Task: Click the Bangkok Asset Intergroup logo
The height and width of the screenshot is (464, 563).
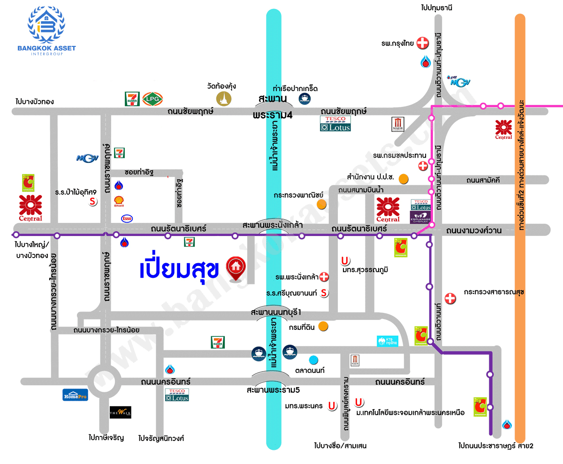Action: tap(46, 30)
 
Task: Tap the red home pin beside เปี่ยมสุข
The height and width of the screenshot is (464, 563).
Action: tap(235, 267)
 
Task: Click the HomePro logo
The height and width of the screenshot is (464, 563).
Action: tap(75, 395)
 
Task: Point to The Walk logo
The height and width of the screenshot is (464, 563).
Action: tap(120, 412)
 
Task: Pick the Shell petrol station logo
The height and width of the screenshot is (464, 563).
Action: tap(119, 202)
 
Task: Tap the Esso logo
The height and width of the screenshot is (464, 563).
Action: tap(127, 218)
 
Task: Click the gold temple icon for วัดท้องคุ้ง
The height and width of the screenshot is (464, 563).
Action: tap(224, 99)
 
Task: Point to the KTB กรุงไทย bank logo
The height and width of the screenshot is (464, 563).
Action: tap(388, 341)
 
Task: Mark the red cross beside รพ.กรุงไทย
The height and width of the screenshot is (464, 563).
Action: tap(423, 44)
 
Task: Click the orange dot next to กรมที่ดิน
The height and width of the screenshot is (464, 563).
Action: tap(323, 326)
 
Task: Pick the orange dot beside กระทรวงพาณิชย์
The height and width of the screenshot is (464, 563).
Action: tap(321, 204)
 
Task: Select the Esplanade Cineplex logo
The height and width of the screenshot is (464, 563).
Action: tap(420, 216)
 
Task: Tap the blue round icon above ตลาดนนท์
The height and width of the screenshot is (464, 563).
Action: tap(314, 360)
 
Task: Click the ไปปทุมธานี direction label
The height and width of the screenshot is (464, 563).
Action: tap(439, 8)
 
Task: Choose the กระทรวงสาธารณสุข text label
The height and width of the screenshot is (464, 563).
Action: tap(494, 292)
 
